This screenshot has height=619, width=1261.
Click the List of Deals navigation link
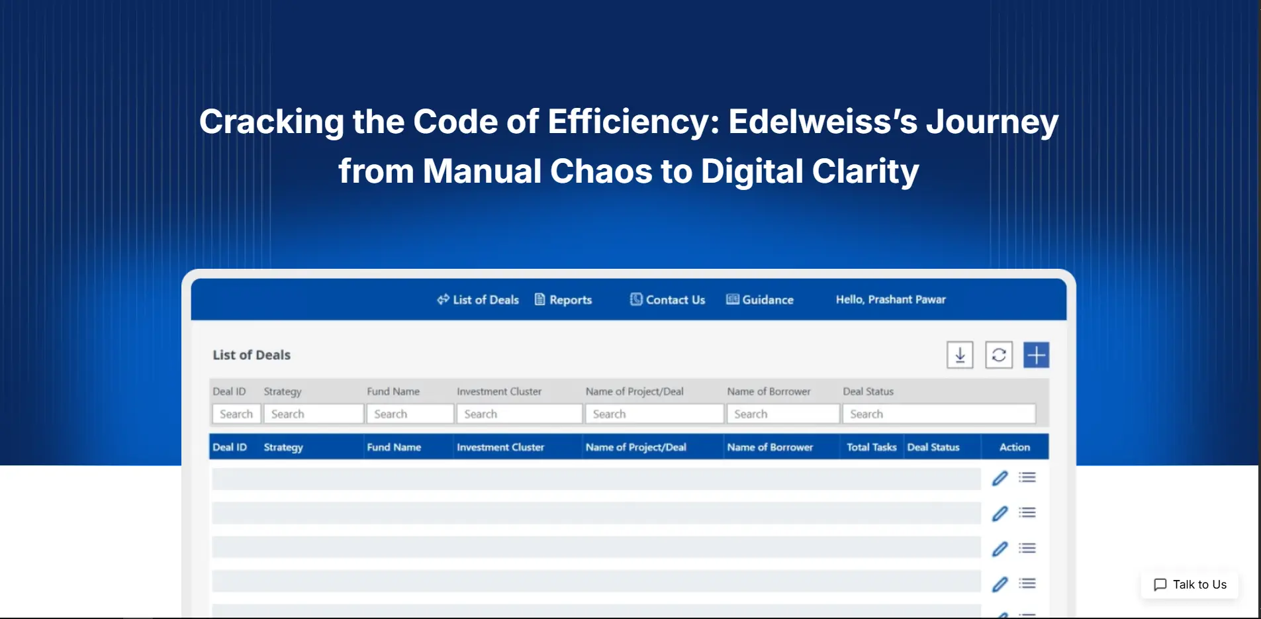point(478,300)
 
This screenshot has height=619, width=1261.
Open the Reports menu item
point(563,300)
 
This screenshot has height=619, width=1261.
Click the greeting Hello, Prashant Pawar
point(890,300)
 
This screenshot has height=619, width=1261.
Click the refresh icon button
point(999,356)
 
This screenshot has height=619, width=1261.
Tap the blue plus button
point(1036,356)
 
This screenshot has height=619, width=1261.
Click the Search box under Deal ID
point(236,414)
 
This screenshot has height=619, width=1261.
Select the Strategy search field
point(314,414)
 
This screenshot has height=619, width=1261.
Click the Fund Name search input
point(410,414)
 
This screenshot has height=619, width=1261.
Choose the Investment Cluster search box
point(520,414)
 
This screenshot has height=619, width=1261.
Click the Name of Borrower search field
point(783,414)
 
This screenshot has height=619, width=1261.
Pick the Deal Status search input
point(939,414)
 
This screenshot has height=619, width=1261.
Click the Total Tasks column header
point(871,448)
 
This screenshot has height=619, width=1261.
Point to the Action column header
point(1014,448)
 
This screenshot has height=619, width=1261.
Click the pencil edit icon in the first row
point(1000,478)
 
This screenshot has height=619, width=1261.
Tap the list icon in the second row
point(1027,512)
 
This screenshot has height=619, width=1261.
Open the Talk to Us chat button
point(1190,585)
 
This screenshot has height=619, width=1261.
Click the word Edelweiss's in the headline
point(822,122)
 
